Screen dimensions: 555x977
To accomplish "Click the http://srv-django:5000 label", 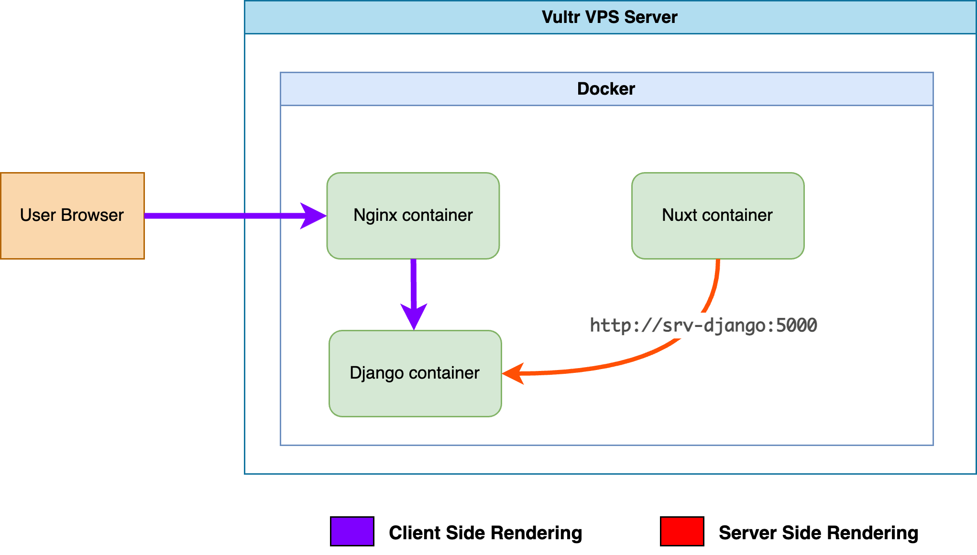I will (x=703, y=326).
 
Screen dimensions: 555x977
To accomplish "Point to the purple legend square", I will (x=352, y=531).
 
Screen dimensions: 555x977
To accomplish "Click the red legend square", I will (x=682, y=531).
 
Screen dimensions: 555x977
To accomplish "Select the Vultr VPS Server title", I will (x=609, y=17).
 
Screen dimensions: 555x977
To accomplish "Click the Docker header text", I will (x=606, y=89).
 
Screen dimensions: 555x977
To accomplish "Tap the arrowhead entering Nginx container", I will (x=313, y=216).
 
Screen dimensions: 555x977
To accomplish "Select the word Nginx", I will (x=375, y=216).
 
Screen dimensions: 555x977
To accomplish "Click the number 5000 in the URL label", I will (x=796, y=326).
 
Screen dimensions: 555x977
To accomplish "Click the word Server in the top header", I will (x=651, y=17).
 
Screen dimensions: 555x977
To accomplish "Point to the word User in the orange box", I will (x=38, y=215).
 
